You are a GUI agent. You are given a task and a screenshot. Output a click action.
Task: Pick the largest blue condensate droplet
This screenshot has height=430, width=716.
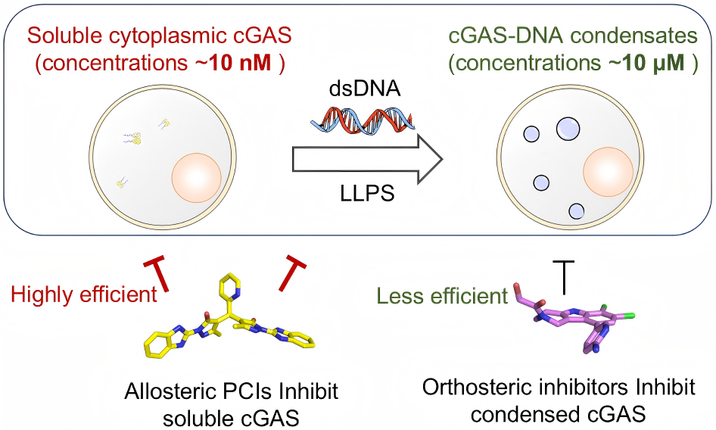click(x=567, y=129)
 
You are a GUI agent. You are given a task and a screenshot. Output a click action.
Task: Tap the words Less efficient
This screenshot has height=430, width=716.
click(x=442, y=295)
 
